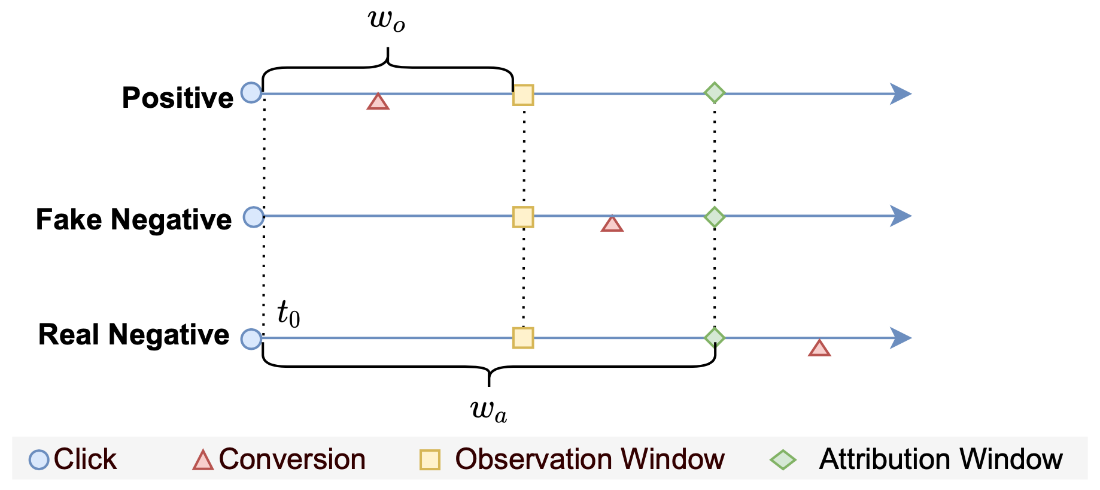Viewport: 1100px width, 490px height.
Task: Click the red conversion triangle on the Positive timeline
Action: click(378, 102)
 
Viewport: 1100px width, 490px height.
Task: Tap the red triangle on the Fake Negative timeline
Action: click(612, 224)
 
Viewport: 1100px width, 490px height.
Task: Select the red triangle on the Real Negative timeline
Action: click(819, 349)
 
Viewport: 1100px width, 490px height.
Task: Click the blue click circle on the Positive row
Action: click(251, 93)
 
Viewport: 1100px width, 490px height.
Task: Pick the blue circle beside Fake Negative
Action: click(254, 217)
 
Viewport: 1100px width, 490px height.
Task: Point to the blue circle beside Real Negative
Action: click(251, 339)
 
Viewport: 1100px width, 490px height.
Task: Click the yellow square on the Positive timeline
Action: click(523, 95)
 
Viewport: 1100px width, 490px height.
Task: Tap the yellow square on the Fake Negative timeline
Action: click(523, 217)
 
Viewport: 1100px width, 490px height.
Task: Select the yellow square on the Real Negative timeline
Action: click(523, 338)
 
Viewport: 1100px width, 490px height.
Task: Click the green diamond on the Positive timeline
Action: click(715, 93)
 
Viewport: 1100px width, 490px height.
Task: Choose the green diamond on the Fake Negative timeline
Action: click(715, 216)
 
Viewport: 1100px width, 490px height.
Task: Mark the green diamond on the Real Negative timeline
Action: click(715, 338)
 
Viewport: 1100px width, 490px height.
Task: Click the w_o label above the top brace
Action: click(387, 20)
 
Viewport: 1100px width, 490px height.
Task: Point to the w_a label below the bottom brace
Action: click(489, 411)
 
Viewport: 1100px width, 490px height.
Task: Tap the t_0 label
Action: click(288, 313)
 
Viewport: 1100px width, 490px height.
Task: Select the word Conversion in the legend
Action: click(292, 459)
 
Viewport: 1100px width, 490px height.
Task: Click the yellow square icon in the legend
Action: click(430, 460)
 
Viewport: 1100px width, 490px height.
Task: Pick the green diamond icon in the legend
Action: click(783, 460)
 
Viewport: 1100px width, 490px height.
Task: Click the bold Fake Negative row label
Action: click(133, 219)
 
